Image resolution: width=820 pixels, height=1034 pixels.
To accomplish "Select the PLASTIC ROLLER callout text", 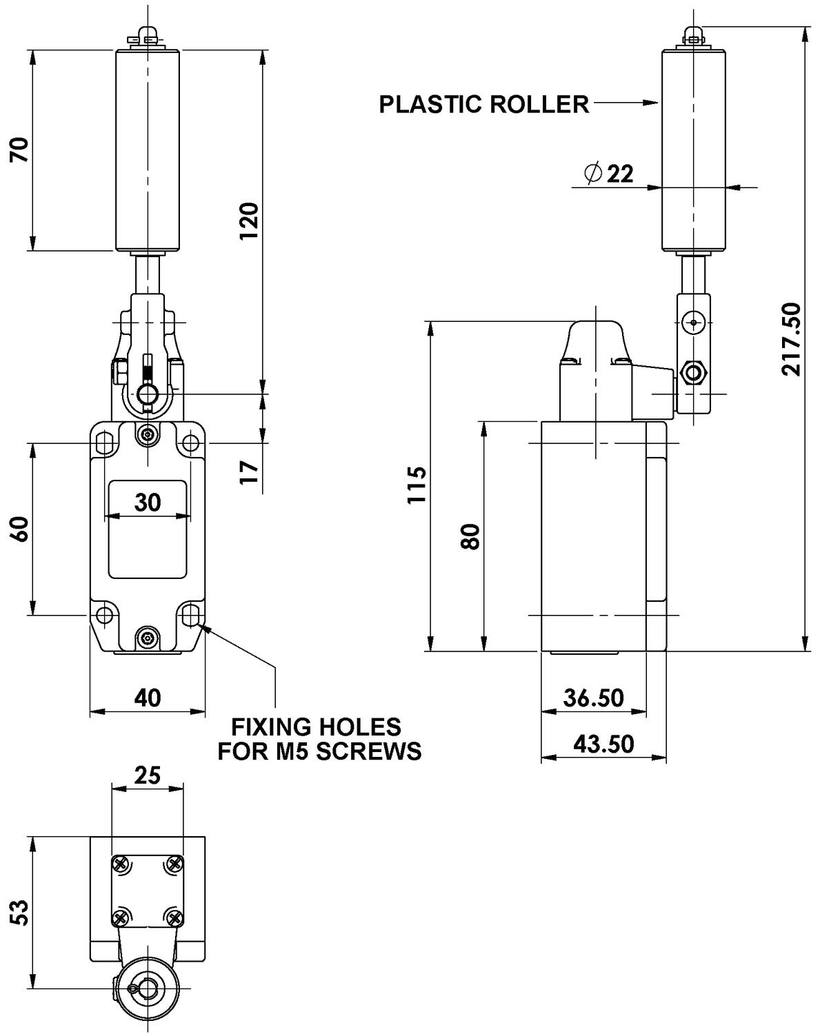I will [484, 104].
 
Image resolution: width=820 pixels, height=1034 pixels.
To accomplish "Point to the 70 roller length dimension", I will [20, 150].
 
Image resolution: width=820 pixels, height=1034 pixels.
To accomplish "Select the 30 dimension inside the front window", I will [148, 502].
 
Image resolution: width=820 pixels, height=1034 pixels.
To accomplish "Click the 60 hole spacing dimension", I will [20, 529].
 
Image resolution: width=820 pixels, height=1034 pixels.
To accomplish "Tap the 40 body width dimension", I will [148, 698].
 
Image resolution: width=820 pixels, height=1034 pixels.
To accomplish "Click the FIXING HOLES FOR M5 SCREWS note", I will [319, 738].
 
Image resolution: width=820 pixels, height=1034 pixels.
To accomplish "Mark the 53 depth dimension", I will [20, 913].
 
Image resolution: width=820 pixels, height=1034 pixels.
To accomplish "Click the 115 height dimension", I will [416, 485].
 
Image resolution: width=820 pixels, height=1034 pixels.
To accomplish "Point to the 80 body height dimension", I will [470, 536].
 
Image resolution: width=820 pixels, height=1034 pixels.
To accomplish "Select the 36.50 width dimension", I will [593, 698].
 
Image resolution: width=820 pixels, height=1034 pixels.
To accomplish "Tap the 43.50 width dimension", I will [603, 744].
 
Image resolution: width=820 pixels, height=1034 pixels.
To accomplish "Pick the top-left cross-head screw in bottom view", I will [121, 863].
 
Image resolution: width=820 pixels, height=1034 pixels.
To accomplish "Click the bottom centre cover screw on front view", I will [148, 638].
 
